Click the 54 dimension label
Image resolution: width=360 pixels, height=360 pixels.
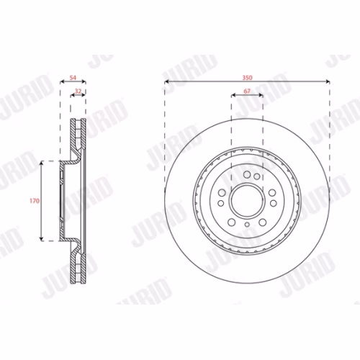pyautogui.click(x=73, y=78)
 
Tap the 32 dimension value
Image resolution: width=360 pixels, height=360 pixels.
pyautogui.click(x=78, y=91)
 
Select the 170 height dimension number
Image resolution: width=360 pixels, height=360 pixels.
pyautogui.click(x=35, y=201)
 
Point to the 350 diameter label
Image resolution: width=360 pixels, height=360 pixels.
pyautogui.click(x=247, y=78)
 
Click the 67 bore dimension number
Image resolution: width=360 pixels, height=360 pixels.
pyautogui.click(x=247, y=91)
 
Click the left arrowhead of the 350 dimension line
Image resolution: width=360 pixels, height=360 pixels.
pyautogui.click(x=166, y=82)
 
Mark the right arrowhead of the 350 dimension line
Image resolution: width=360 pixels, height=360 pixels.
pyautogui.click(x=328, y=82)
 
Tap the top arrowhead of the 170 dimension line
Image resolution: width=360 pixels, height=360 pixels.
pyautogui.click(x=42, y=163)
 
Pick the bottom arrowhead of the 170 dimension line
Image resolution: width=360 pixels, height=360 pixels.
pyautogui.click(x=42, y=239)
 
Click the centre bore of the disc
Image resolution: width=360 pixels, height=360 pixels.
pyautogui.click(x=247, y=201)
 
